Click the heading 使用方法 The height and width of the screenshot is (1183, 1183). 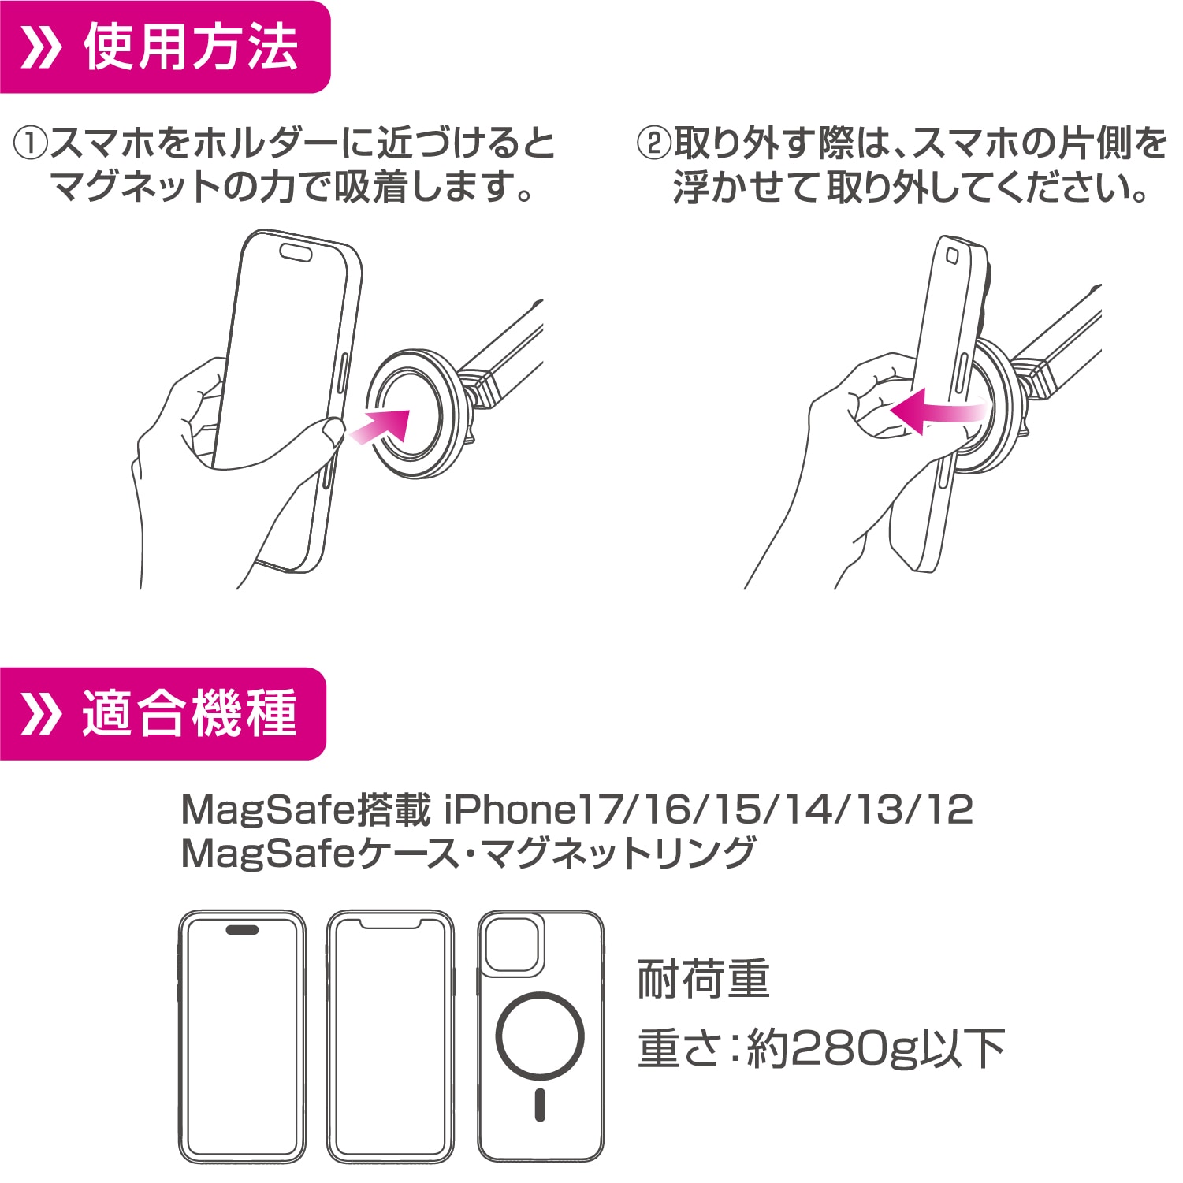[x=192, y=47]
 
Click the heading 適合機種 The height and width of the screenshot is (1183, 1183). [x=189, y=713]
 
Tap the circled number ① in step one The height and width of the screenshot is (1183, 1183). [x=32, y=144]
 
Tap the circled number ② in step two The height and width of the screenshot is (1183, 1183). [x=653, y=144]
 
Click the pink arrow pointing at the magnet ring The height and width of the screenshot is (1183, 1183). [x=381, y=426]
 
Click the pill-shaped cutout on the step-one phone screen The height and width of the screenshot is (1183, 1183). [x=295, y=251]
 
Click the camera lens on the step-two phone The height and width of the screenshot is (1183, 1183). [x=951, y=255]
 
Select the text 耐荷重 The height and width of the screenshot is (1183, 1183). [x=703, y=980]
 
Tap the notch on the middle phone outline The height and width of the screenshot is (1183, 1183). [x=390, y=923]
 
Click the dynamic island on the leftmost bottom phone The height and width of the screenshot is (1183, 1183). [x=242, y=930]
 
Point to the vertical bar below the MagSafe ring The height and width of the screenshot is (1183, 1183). [x=540, y=1105]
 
